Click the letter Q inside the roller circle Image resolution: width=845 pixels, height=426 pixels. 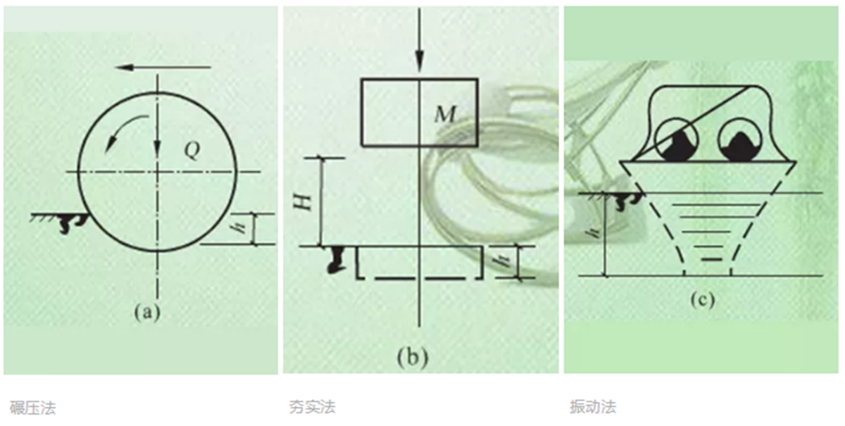click(192, 151)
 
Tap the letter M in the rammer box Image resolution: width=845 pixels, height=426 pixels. click(446, 114)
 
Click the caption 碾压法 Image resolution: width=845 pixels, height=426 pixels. click(33, 408)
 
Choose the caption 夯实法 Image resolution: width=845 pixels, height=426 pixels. click(313, 407)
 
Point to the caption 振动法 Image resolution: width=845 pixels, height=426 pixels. click(593, 407)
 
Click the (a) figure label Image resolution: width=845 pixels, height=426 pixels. click(147, 313)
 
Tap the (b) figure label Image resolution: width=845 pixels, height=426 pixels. click(413, 356)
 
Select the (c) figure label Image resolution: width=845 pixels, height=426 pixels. click(703, 301)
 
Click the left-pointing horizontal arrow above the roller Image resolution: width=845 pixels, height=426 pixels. click(163, 68)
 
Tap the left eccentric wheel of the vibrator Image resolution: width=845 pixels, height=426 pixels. click(677, 140)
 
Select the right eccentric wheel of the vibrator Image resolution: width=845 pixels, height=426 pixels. click(740, 140)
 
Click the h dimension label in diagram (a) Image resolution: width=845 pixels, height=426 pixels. click(239, 228)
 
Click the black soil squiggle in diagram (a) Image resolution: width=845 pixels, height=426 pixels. click(73, 223)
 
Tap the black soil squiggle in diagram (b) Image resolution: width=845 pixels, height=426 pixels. click(337, 260)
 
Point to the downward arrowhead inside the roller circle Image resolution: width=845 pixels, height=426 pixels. click(158, 148)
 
